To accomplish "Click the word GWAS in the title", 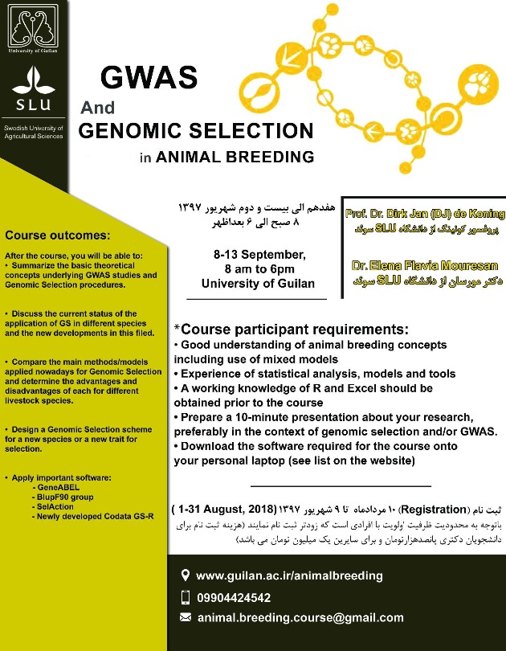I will [x=148, y=78].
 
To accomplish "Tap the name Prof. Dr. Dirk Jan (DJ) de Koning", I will [x=425, y=215].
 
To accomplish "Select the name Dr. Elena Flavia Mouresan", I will [x=425, y=265].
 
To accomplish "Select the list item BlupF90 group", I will [x=66, y=497].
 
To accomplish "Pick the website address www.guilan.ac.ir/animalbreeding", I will [x=289, y=575].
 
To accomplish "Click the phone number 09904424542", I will [x=233, y=597].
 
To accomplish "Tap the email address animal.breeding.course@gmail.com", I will [x=300, y=617].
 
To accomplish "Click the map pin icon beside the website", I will [x=186, y=575].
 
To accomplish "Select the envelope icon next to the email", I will [x=186, y=617].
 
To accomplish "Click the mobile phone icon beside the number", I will [x=186, y=597].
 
